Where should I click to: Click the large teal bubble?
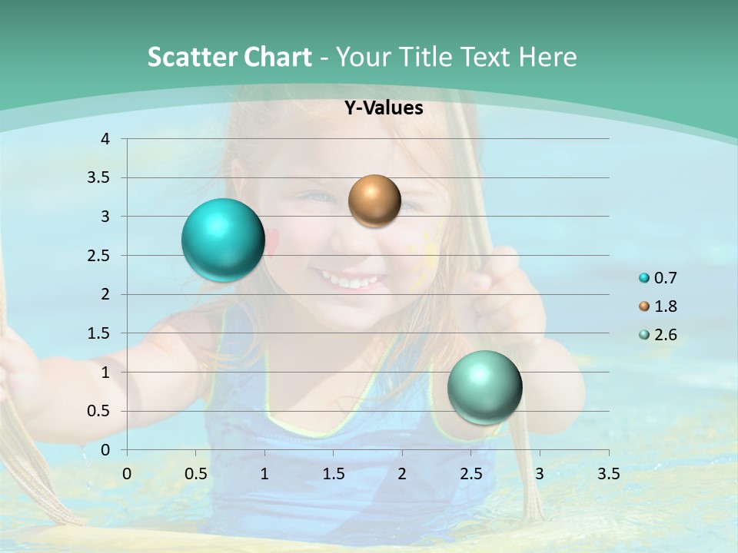point(224,240)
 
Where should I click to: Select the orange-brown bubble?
point(374,201)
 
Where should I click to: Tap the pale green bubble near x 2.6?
point(484,387)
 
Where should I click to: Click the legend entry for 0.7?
point(658,278)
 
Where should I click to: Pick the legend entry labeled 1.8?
point(658,306)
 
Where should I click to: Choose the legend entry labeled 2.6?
point(658,335)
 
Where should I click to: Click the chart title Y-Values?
point(384,108)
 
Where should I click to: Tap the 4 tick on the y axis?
point(105,139)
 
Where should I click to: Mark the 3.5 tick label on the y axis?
point(99,177)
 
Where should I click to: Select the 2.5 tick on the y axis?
point(99,255)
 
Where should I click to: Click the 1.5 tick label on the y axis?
point(99,333)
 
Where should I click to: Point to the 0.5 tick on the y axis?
point(99,411)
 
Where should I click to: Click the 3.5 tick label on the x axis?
point(608,474)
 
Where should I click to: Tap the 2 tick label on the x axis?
point(402,474)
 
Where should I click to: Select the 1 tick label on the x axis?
point(264,474)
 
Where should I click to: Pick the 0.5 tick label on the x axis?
point(195,474)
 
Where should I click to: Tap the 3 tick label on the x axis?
point(540,474)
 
